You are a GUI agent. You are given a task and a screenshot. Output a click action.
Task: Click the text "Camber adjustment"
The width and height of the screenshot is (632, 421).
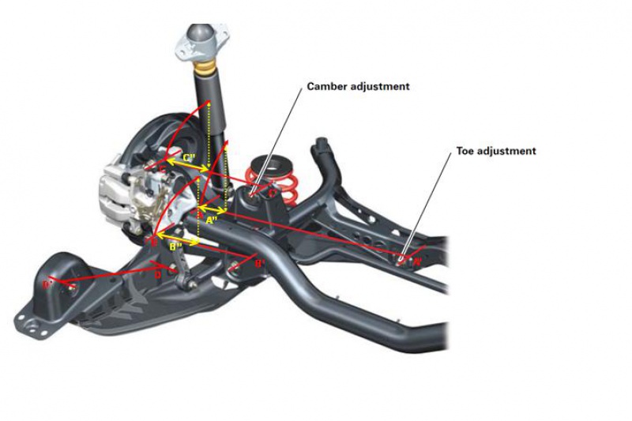point(358,86)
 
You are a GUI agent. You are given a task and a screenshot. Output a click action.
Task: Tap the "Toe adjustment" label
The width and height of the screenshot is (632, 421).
point(496,150)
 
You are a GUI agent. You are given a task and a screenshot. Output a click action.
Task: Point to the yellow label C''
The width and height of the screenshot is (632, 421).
point(189,158)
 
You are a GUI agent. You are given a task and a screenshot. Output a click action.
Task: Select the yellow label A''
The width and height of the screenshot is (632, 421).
point(211,221)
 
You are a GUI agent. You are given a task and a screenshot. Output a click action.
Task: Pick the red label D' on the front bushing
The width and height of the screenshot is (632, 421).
point(49,283)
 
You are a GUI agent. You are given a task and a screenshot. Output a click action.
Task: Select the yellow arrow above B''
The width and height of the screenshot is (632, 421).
point(176,235)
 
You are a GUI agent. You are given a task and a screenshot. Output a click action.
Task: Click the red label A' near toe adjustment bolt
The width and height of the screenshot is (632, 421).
point(416,258)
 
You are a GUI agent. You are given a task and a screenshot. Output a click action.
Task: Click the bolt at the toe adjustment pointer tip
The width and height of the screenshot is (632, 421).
point(402,257)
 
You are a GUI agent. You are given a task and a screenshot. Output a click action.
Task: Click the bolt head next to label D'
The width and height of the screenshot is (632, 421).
point(66,286)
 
